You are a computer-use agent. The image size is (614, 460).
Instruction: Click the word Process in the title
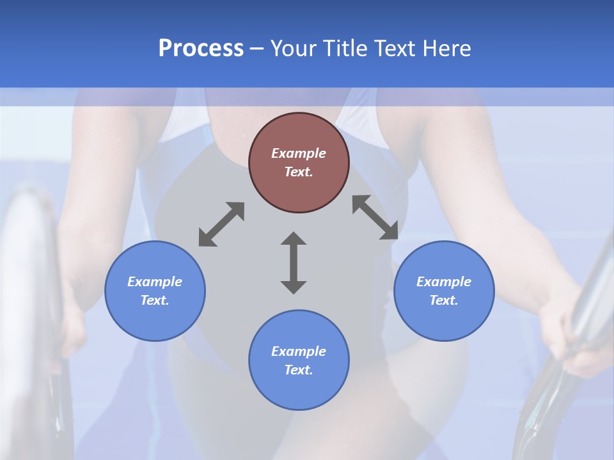[x=201, y=49]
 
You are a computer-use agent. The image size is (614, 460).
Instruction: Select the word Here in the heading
[x=446, y=49]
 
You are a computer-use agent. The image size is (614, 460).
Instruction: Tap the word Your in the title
[x=295, y=49]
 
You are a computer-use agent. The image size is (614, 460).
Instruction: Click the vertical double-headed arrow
[x=294, y=263]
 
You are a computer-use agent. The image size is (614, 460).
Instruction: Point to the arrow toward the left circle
[x=221, y=224]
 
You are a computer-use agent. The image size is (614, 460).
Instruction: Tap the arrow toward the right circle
[x=375, y=217]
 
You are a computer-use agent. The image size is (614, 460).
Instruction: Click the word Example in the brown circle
[x=299, y=153]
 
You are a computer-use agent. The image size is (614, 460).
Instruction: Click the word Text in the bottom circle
[x=299, y=370]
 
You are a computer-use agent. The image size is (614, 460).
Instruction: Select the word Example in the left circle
[x=155, y=282]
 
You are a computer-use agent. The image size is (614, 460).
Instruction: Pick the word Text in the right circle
[x=444, y=300]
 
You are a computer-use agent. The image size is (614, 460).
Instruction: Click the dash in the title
[x=257, y=49]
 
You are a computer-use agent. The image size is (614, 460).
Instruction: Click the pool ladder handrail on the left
[x=32, y=287]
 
